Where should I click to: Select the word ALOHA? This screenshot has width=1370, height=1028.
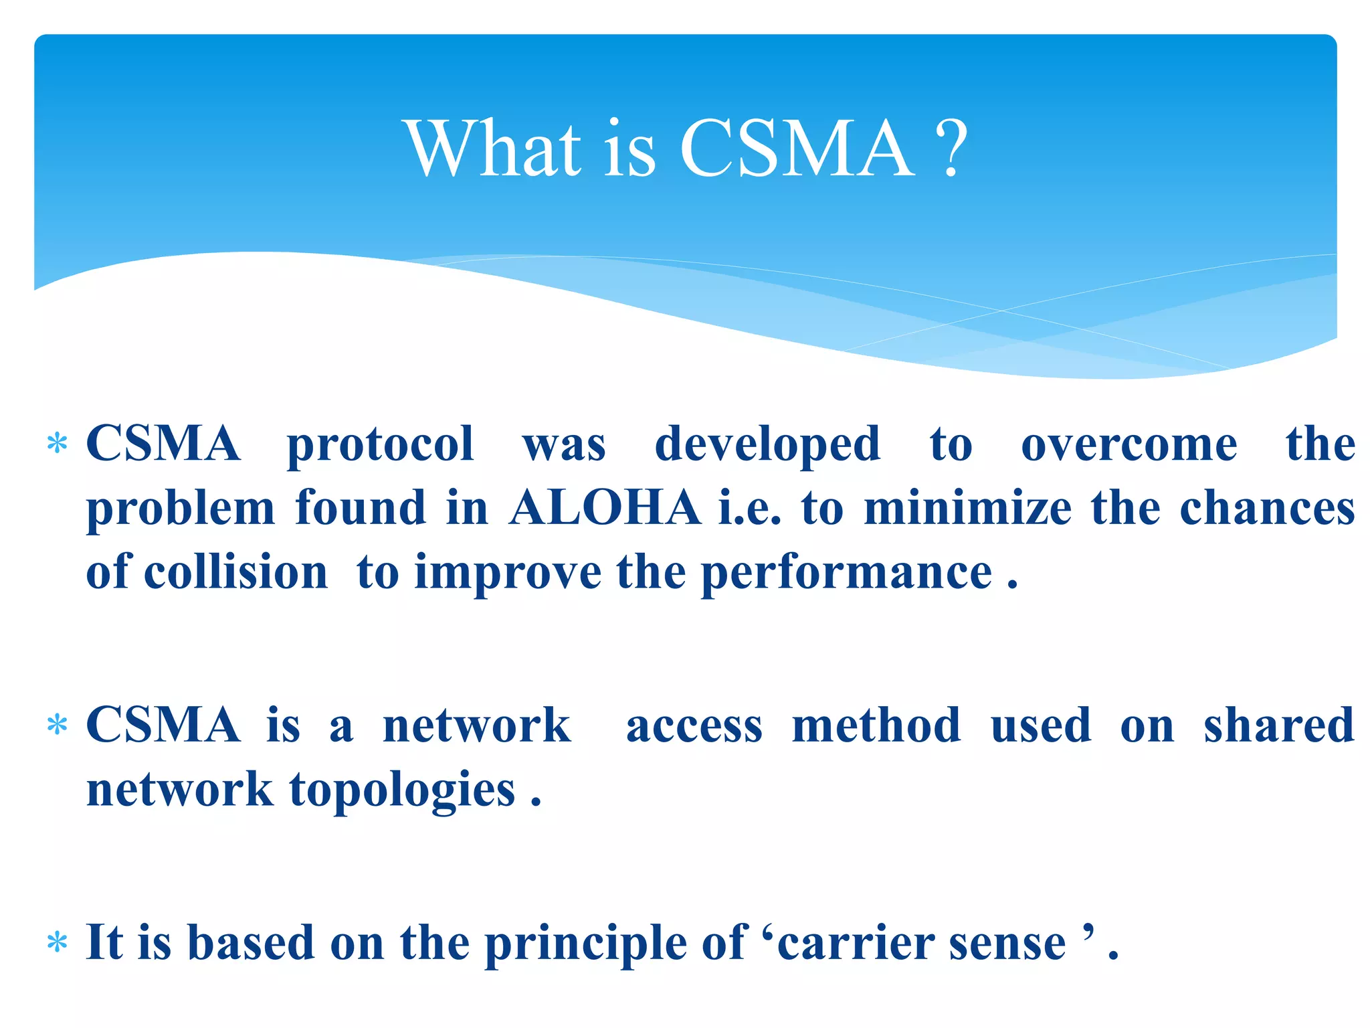pos(605,508)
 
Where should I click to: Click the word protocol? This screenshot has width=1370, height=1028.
pos(381,445)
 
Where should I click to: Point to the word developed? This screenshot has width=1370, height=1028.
pos(767,445)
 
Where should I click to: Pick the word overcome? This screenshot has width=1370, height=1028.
pos(1129,444)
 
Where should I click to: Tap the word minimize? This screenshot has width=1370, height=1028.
pos(968,508)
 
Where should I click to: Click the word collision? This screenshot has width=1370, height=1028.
pos(235,572)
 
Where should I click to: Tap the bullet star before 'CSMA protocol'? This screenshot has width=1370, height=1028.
pos(58,444)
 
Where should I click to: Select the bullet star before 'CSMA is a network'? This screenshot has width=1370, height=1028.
pos(58,725)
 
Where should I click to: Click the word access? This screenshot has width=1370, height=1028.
pos(694,727)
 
